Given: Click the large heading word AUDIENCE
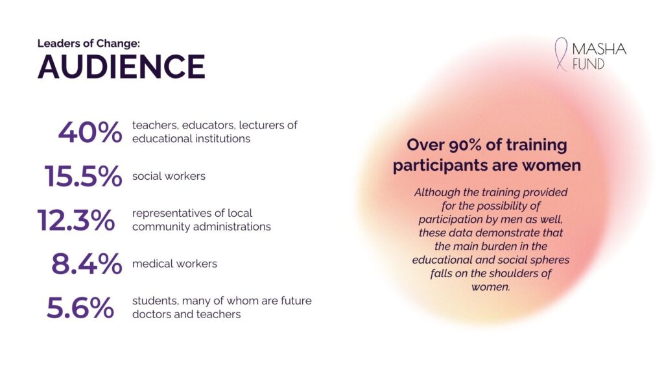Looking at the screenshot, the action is pyautogui.click(x=121, y=67).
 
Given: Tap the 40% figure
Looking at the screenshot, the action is pyautogui.click(x=90, y=132).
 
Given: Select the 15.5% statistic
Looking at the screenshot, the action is pyautogui.click(x=84, y=177).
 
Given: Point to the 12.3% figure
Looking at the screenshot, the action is pyautogui.click(x=77, y=220).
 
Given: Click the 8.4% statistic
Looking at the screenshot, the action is pyautogui.click(x=87, y=264).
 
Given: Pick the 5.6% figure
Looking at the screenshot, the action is pyautogui.click(x=80, y=308).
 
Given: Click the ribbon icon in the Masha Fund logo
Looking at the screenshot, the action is pyautogui.click(x=562, y=54).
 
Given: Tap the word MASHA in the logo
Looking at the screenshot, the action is pyautogui.click(x=599, y=49).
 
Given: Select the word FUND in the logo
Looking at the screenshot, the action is pyautogui.click(x=588, y=64).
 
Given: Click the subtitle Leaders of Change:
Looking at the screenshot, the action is pyautogui.click(x=88, y=44).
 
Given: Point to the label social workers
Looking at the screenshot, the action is pyautogui.click(x=169, y=176).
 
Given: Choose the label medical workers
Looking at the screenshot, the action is pyautogui.click(x=174, y=264).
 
